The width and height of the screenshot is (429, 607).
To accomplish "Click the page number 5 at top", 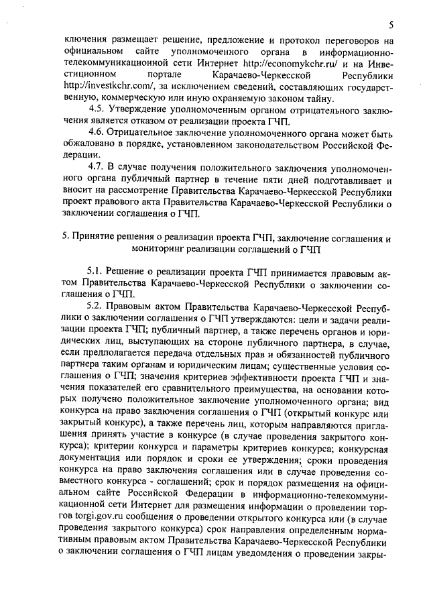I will tap(390, 25).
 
